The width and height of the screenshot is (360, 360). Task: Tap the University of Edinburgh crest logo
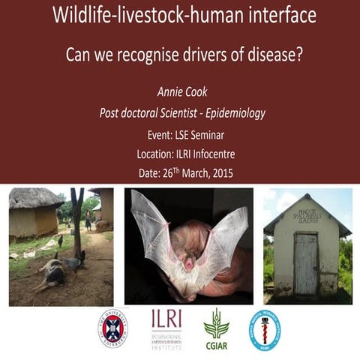coord(112,327)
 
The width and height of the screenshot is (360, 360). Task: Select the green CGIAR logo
coord(216,327)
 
